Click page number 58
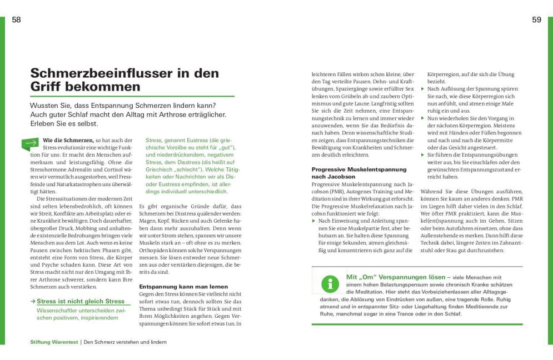16,20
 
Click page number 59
536,20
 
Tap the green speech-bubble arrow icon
30,144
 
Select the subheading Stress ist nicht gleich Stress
81,301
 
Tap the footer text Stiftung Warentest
54,342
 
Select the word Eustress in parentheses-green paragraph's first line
191,141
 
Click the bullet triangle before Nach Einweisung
313,221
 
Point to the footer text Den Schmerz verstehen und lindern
125,342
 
